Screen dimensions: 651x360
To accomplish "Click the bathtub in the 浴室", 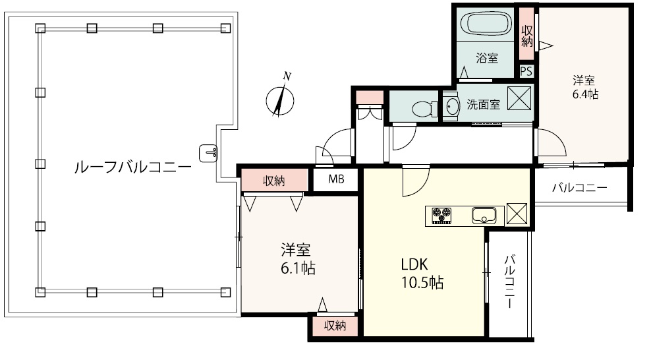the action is (x=485, y=24).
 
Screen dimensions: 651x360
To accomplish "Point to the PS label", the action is (x=526, y=71).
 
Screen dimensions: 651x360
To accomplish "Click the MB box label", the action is (x=336, y=179).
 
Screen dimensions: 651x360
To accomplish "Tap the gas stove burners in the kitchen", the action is (x=441, y=216).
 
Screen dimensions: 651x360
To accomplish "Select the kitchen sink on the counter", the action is (x=484, y=216).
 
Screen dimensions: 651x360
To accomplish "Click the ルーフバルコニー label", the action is (x=133, y=167).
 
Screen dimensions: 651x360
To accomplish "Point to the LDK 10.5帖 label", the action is (x=422, y=273).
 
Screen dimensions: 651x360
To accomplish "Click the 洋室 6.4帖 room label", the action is (x=585, y=87).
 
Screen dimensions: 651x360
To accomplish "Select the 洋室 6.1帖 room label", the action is (x=298, y=259).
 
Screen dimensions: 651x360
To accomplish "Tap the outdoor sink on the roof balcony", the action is (x=208, y=153).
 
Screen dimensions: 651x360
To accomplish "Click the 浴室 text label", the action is (x=486, y=58).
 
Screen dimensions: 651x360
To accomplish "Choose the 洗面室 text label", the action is (x=483, y=104).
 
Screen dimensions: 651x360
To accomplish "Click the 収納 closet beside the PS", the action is (x=527, y=34).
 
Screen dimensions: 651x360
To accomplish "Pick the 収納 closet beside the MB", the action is (x=274, y=180).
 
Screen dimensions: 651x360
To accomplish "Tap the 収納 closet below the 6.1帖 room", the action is (x=335, y=326).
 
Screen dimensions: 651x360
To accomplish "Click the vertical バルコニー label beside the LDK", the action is (x=509, y=282).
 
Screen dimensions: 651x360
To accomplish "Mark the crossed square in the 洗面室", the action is (x=519, y=98).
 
